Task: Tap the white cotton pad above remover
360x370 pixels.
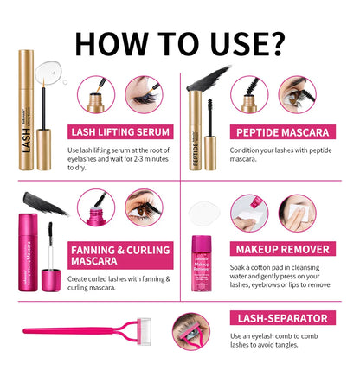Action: click(x=207, y=211)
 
